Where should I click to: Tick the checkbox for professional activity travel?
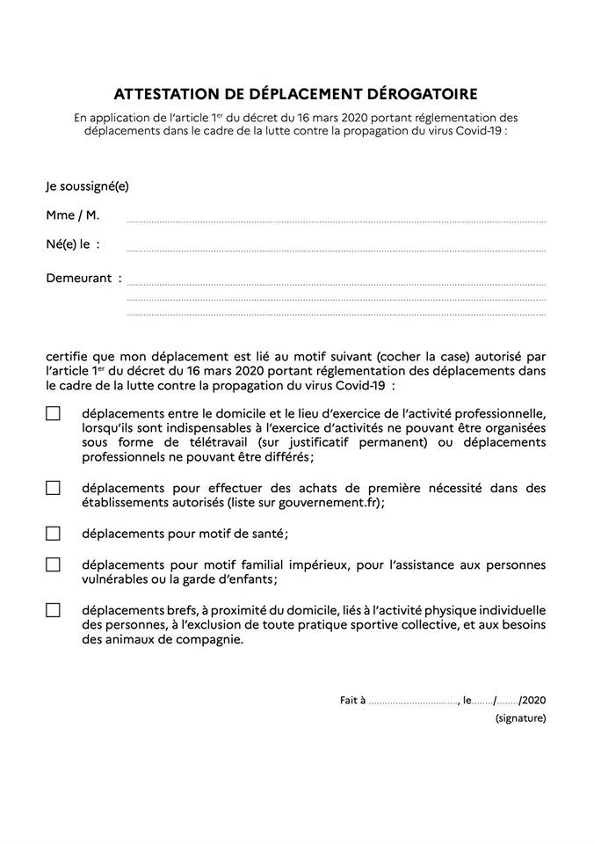point(54,413)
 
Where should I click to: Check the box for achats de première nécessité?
point(54,488)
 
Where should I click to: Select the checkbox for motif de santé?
point(54,533)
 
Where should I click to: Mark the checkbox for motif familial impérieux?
point(54,564)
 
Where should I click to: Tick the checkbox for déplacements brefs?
point(54,610)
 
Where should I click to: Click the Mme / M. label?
point(72,215)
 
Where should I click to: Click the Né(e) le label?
point(73,244)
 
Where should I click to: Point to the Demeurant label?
point(79,278)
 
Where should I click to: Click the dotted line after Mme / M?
point(336,221)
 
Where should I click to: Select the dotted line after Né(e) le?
point(336,250)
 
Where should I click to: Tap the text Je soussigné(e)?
point(87,186)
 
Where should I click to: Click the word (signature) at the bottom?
point(520,718)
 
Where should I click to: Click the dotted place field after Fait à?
point(413,702)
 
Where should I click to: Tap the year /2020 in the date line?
point(533,700)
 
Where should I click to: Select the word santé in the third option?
point(265,534)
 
